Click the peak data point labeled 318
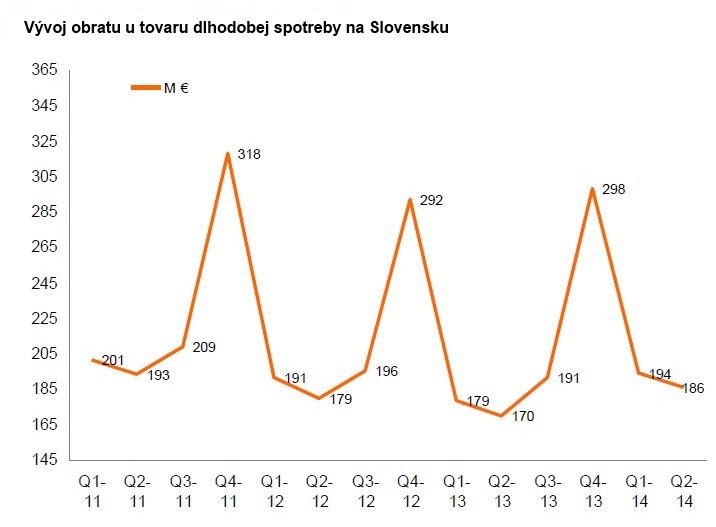[x=228, y=153]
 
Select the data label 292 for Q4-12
[x=431, y=200]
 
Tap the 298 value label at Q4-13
[x=614, y=189]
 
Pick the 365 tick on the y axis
[x=44, y=70]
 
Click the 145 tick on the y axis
[x=44, y=460]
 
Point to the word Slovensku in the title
[x=399, y=28]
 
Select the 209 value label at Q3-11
[x=205, y=347]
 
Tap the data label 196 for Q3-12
[x=386, y=371]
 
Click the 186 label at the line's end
[x=695, y=388]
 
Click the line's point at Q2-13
[x=501, y=416]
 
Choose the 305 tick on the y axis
[x=44, y=176]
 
